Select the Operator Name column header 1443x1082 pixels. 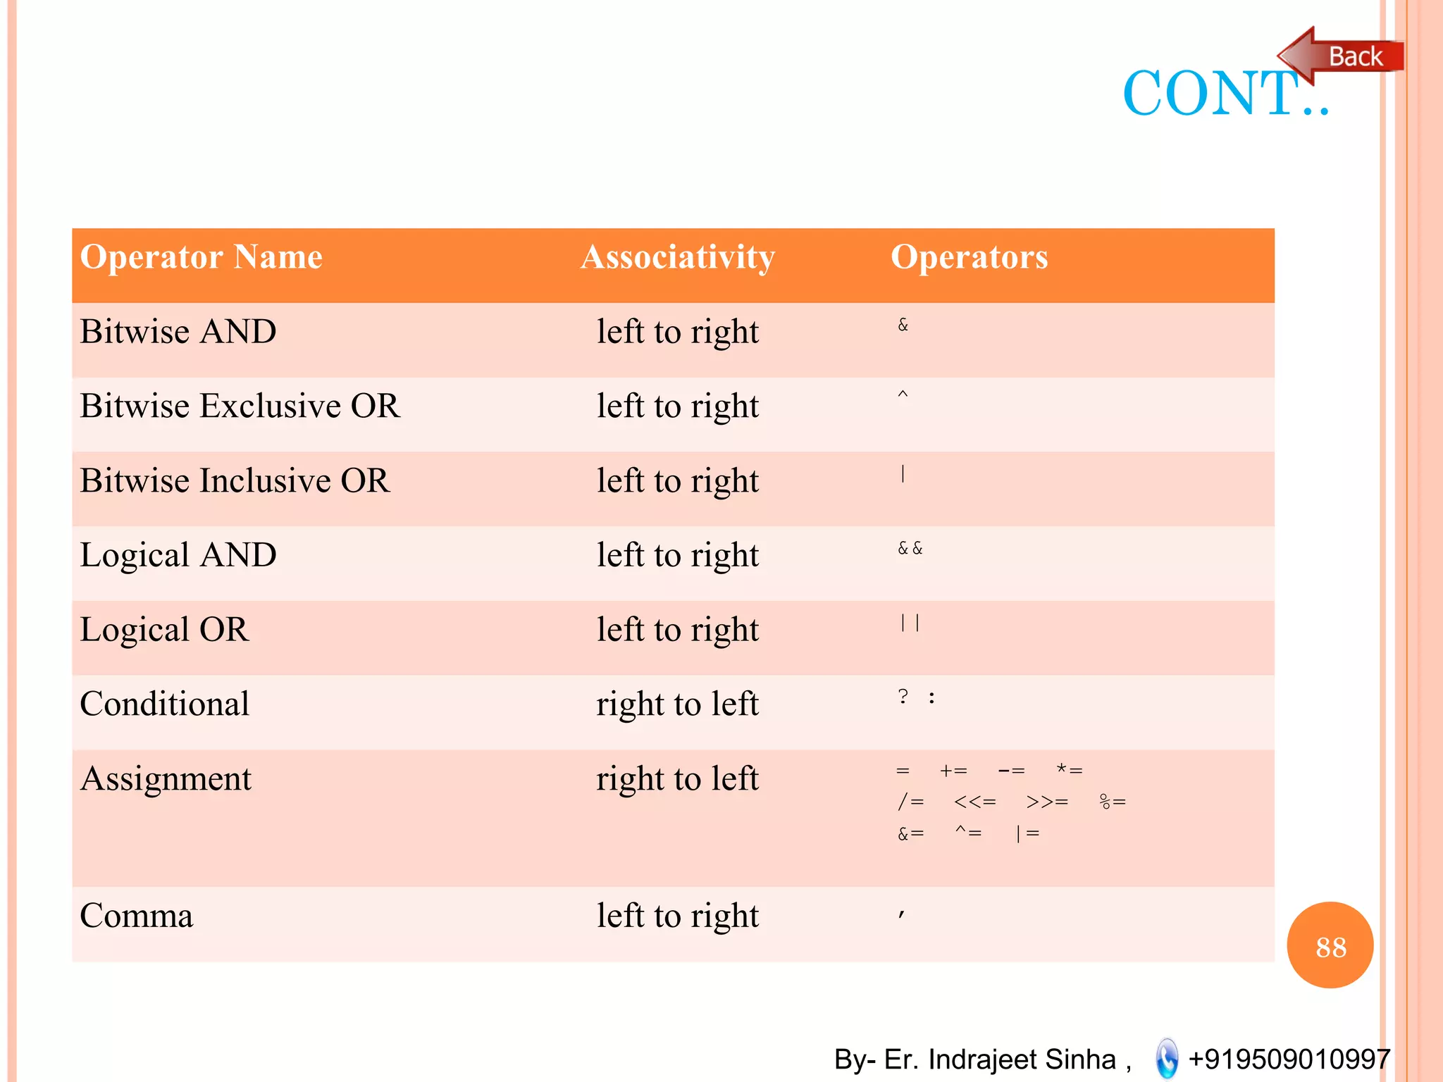click(202, 257)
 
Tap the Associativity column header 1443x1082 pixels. click(677, 257)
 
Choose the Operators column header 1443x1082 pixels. click(969, 257)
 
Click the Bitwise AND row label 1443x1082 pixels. click(178, 332)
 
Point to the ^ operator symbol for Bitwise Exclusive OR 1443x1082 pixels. click(903, 396)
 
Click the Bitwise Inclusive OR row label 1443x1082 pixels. click(235, 481)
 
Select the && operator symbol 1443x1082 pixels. click(910, 549)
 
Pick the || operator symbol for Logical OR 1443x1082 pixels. click(910, 623)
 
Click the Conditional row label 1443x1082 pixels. click(165, 704)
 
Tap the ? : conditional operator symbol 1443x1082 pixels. click(916, 698)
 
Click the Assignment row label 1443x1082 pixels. click(166, 779)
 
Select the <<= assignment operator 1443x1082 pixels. click(974, 802)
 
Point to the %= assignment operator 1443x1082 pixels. click(1113, 802)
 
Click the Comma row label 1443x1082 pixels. click(137, 916)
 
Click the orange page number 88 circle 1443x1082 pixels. click(1330, 945)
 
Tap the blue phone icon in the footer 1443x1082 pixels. click(1167, 1058)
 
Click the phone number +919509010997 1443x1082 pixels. click(1289, 1059)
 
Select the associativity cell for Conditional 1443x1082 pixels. click(677, 704)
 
